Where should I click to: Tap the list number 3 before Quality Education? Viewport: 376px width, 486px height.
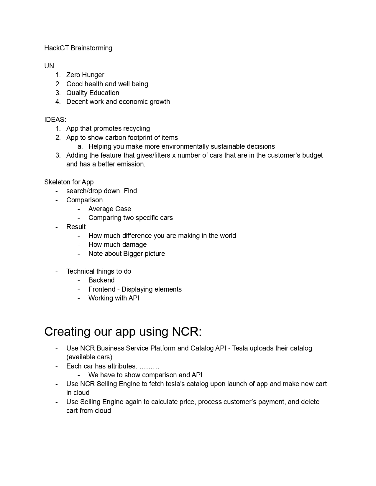click(x=58, y=93)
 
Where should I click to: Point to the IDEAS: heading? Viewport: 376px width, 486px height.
click(x=55, y=120)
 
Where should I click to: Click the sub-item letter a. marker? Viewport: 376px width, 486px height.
click(x=80, y=146)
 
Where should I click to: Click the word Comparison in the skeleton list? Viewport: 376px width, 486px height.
click(x=84, y=200)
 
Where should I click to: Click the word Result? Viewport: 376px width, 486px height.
click(x=76, y=227)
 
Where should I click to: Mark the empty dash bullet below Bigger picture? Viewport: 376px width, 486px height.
click(x=79, y=262)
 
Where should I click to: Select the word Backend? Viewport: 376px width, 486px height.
click(x=101, y=280)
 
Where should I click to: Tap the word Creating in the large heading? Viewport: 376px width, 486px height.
click(x=67, y=332)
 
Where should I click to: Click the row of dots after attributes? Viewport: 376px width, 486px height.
click(x=149, y=366)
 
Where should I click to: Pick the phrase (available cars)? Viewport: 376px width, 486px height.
click(x=89, y=357)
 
